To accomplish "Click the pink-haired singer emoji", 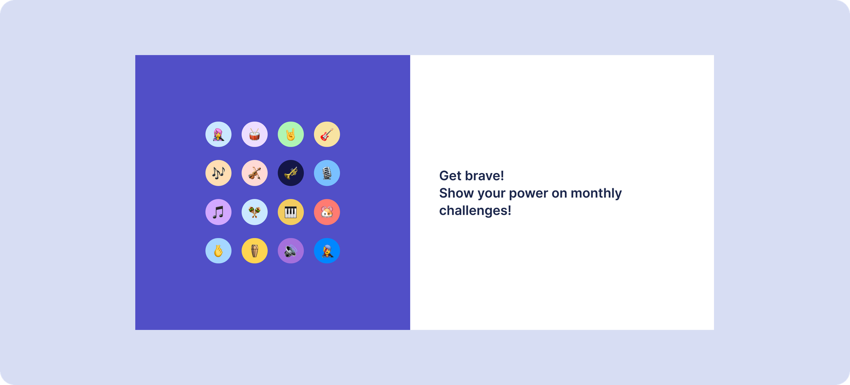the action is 218,135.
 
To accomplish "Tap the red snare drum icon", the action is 255,135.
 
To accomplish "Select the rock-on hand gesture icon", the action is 291,135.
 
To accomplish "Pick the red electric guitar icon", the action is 327,135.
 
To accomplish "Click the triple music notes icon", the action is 218,173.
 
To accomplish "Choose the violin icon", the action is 255,173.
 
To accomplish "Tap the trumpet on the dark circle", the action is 291,173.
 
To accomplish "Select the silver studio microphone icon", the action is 327,173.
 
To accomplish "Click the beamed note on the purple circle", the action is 218,212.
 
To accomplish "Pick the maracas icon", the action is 255,212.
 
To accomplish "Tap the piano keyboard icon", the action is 291,212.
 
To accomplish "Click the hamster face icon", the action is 327,212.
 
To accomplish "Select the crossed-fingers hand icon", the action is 218,251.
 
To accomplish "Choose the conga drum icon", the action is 255,251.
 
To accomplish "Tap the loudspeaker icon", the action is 291,251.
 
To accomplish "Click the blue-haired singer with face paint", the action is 327,251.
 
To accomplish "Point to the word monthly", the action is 596,193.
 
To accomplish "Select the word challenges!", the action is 475,210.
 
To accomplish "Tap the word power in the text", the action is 528,194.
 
